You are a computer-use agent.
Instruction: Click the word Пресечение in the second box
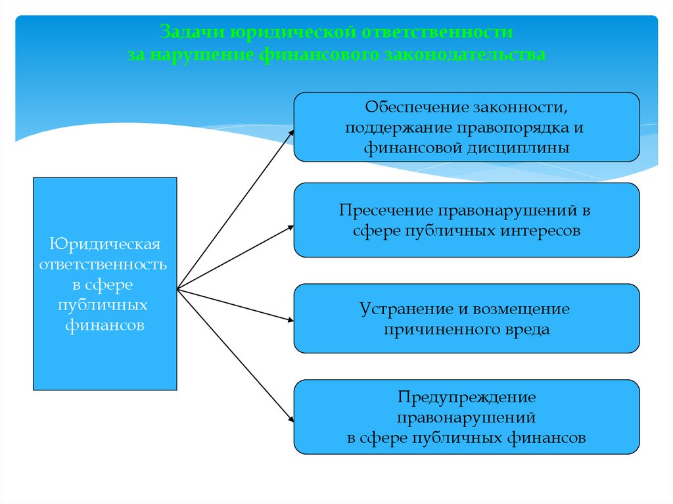tap(384, 211)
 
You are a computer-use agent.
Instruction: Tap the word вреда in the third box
tap(530, 329)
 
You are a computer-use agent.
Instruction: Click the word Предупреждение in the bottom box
tap(467, 397)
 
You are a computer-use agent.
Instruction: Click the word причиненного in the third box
tap(444, 329)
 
